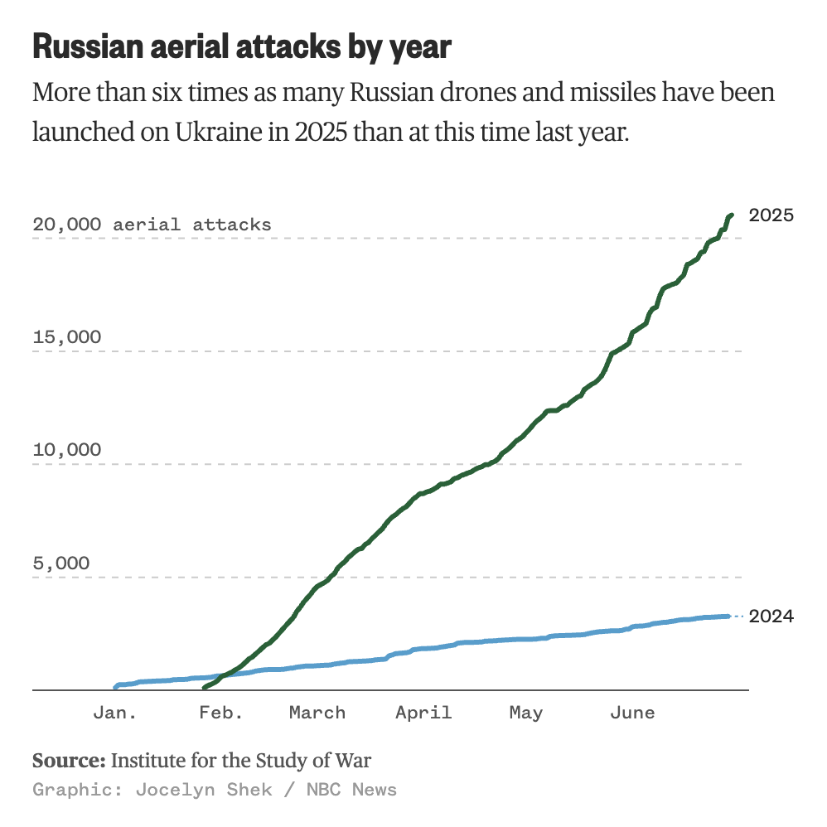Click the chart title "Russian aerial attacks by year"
[x=241, y=47]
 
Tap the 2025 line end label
[x=771, y=215]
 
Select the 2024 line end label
[x=771, y=616]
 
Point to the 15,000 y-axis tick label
[x=67, y=337]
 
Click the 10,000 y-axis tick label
[x=67, y=450]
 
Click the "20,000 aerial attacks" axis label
[x=152, y=225]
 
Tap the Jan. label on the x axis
[x=114, y=713]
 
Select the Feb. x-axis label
[x=221, y=713]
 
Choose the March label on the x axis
[x=317, y=713]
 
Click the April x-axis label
[x=423, y=713]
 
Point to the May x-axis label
[x=525, y=713]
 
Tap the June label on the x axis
[x=631, y=713]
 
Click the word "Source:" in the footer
[x=69, y=760]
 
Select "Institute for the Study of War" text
[x=241, y=760]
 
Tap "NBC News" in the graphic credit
[x=351, y=789]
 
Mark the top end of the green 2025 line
[x=732, y=215]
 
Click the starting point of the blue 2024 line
[x=115, y=687]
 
